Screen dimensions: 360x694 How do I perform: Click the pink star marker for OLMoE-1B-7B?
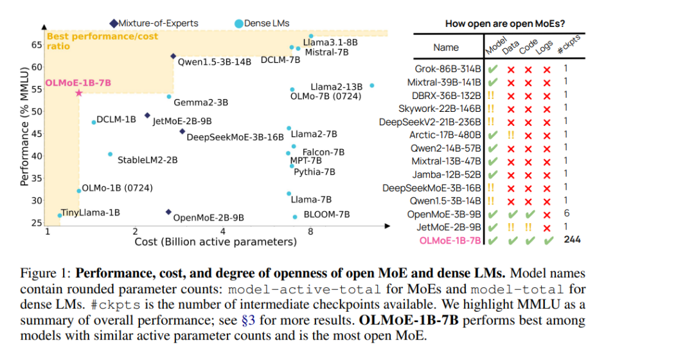click(78, 93)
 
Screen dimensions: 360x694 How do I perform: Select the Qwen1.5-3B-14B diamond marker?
click(173, 56)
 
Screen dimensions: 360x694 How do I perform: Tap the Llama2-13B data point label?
click(336, 86)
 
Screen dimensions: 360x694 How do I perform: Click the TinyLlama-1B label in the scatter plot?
click(90, 212)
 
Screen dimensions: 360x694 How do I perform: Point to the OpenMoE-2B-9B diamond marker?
click(168, 212)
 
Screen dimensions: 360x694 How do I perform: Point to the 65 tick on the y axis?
click(37, 45)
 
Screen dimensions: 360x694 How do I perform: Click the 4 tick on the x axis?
click(223, 231)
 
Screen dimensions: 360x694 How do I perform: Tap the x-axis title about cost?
click(215, 242)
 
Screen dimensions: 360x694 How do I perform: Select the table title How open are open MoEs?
click(505, 24)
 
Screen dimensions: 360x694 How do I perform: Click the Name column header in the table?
click(446, 47)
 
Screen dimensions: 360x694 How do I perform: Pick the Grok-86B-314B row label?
click(448, 68)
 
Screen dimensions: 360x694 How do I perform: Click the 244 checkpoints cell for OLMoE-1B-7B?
click(573, 240)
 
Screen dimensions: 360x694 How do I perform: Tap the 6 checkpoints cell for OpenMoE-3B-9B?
click(566, 213)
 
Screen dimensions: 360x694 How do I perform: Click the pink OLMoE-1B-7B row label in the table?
click(450, 240)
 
